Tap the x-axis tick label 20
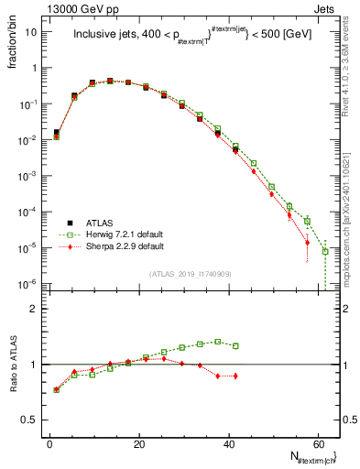point(139,443)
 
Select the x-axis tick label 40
point(228,443)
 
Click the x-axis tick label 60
point(317,443)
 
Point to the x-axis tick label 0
point(50,443)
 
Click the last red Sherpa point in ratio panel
point(236,376)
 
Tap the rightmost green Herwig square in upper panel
point(325,251)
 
